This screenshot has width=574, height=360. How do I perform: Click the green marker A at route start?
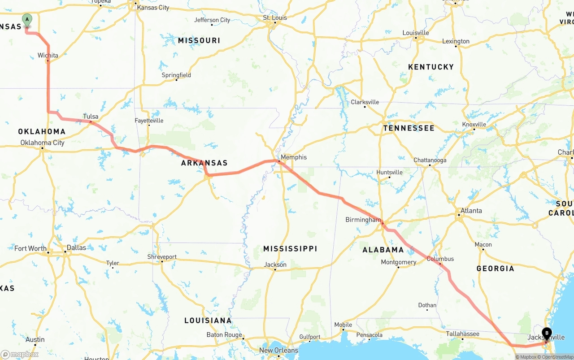click(27, 20)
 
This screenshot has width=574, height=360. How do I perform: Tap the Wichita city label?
click(48, 56)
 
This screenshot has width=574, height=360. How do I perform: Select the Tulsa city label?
click(91, 117)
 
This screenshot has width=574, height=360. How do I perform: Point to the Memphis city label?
click(294, 157)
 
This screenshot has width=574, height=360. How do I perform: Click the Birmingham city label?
click(363, 220)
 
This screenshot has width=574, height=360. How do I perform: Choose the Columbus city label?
click(440, 259)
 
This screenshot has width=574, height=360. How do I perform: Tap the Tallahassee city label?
click(462, 334)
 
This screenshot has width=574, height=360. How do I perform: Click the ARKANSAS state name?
click(204, 163)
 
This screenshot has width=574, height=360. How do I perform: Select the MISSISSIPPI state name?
click(290, 249)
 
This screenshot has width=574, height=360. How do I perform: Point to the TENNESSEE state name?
click(409, 128)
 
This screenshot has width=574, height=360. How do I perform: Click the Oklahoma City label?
click(43, 143)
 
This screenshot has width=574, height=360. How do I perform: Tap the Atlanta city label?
click(471, 211)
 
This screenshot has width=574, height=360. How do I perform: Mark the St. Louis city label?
click(274, 18)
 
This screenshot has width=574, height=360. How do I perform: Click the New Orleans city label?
click(278, 350)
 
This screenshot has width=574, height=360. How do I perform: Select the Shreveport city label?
click(162, 257)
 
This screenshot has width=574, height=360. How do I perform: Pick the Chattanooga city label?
click(430, 160)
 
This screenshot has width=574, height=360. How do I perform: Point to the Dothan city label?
click(427, 305)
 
